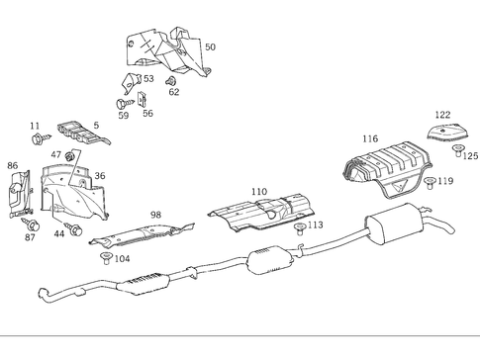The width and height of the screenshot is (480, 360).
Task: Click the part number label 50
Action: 209,46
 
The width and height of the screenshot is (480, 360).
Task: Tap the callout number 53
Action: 148,78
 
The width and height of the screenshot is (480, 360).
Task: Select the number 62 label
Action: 174,92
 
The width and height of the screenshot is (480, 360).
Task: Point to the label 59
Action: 124,115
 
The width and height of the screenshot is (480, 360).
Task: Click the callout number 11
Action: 35,126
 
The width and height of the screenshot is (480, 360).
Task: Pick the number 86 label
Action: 12,166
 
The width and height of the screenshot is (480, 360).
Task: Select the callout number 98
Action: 155,215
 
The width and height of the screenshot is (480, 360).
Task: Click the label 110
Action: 258,191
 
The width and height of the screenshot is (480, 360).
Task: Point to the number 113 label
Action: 316,225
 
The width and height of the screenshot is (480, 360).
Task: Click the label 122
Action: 442,115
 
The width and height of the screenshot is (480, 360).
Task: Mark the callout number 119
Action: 446,181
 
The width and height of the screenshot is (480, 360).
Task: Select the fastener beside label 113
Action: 300,226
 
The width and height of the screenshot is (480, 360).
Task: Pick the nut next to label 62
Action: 170,80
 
